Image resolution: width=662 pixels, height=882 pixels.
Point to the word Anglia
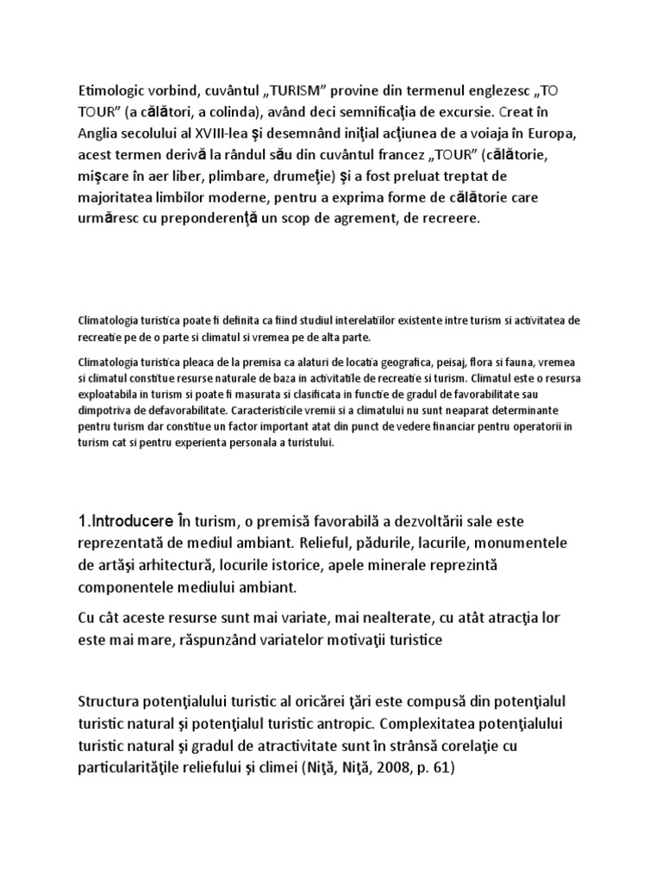pyautogui.click(x=98, y=155)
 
